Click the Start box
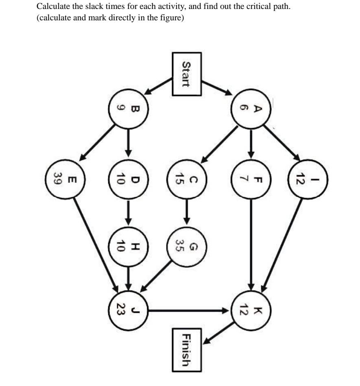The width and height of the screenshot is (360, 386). click(x=186, y=74)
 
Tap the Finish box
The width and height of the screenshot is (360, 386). click(x=186, y=350)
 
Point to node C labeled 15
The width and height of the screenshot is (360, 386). click(x=187, y=178)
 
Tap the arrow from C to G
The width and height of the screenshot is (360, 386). click(x=187, y=212)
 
